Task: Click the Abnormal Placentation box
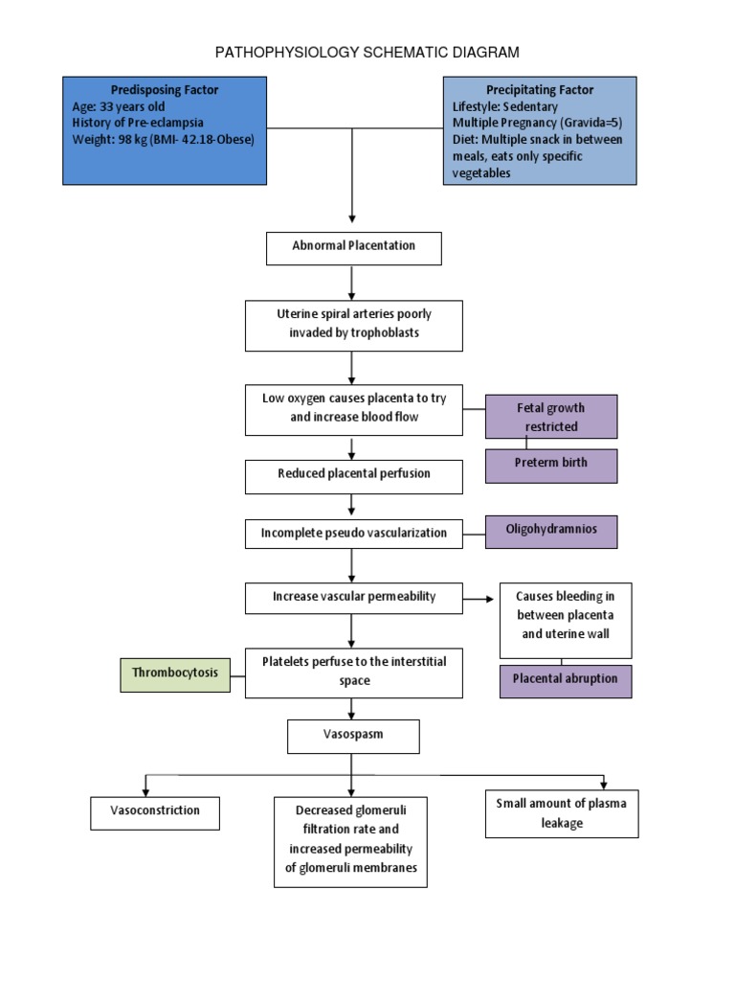pyautogui.click(x=353, y=247)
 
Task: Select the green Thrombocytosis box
pyautogui.click(x=174, y=673)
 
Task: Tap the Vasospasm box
pyautogui.click(x=353, y=736)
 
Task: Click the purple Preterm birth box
pyautogui.click(x=551, y=464)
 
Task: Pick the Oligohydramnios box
pyautogui.click(x=551, y=531)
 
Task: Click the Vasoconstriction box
pyautogui.click(x=154, y=811)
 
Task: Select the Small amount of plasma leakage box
pyautogui.click(x=561, y=813)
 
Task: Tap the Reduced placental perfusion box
pyautogui.click(x=353, y=475)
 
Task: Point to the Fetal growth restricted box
pyautogui.click(x=551, y=417)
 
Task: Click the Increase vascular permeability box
pyautogui.click(x=353, y=598)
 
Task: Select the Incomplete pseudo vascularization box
pyautogui.click(x=353, y=534)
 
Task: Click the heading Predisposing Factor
pyautogui.click(x=165, y=90)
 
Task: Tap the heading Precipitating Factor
pyautogui.click(x=539, y=90)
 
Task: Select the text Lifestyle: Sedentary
pyautogui.click(x=504, y=106)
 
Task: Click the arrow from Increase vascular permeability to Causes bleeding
pyautogui.click(x=480, y=600)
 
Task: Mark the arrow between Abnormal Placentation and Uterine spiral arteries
pyautogui.click(x=353, y=283)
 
